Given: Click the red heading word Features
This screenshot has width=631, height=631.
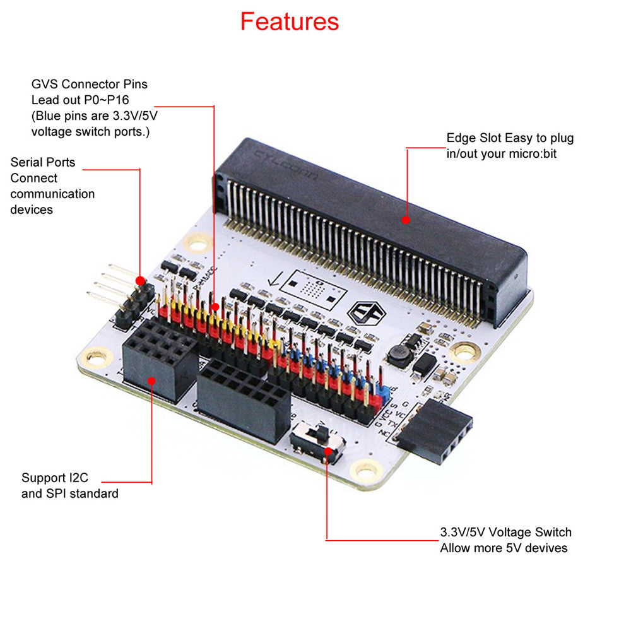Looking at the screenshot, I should click(x=289, y=21).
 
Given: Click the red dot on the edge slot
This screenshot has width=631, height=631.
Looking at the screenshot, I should click(x=406, y=220).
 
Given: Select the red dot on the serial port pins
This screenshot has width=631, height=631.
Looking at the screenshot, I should click(x=139, y=280).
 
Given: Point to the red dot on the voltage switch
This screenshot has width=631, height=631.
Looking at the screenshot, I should click(x=327, y=450).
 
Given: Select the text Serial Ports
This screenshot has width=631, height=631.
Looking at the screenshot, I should click(x=43, y=162).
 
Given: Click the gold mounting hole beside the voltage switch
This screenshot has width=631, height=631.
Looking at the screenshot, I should click(x=366, y=469).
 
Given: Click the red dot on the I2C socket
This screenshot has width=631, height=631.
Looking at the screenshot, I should click(x=152, y=380).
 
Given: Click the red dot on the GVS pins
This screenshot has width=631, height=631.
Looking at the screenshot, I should click(x=215, y=307).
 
